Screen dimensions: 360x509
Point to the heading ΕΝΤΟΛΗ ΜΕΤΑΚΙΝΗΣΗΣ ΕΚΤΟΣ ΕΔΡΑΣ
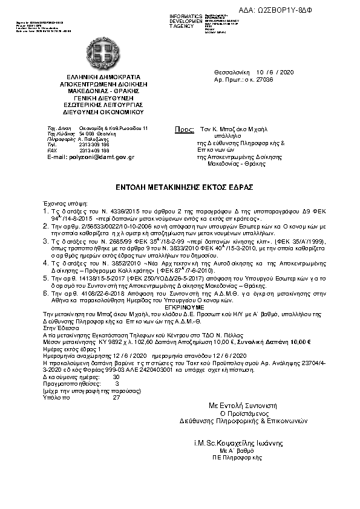(180, 186)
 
